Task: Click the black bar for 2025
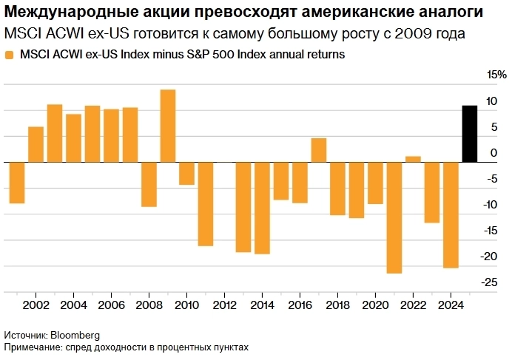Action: [469, 134]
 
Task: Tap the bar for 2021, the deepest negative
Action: [394, 217]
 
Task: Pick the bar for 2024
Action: [450, 214]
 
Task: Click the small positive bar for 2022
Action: [413, 159]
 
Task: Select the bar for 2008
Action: [149, 184]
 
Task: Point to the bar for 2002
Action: [36, 144]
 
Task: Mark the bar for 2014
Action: [262, 208]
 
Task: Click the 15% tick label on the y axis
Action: [496, 75]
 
